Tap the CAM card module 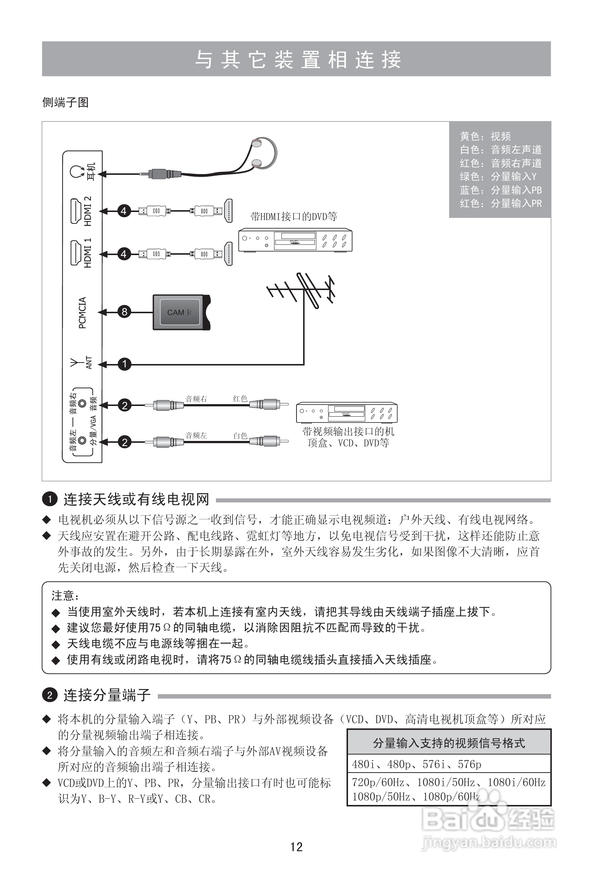click(x=181, y=312)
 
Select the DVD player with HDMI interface click(x=295, y=240)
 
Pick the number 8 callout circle click(x=124, y=312)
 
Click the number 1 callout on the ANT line click(x=124, y=364)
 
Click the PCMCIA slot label click(x=82, y=312)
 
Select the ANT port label click(x=89, y=363)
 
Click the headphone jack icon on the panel click(x=76, y=172)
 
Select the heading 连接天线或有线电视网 click(x=136, y=499)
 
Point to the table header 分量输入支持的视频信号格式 click(x=449, y=743)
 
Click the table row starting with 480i click(x=417, y=764)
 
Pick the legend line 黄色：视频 click(x=485, y=136)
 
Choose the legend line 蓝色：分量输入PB click(x=500, y=190)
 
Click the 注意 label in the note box click(x=65, y=596)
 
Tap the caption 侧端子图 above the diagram click(x=65, y=102)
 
